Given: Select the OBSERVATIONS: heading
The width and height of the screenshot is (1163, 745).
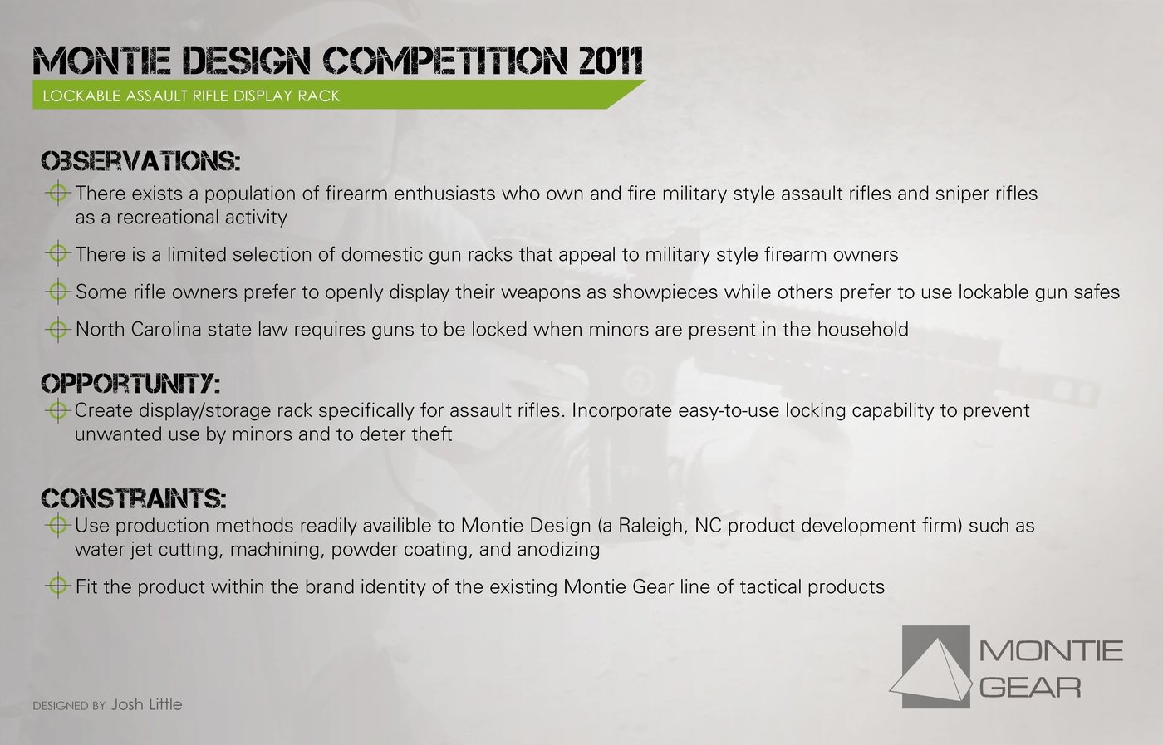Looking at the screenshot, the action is point(140,161).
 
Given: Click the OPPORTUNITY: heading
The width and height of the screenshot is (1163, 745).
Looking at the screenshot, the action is point(130,384).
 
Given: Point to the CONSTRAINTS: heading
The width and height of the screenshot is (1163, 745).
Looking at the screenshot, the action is point(134,499).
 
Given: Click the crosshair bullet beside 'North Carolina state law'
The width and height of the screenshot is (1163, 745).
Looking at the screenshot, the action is point(58,329).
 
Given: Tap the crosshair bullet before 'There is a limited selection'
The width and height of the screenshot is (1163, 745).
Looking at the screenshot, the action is point(58,254).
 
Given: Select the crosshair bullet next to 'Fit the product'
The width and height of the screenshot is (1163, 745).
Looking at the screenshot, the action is point(58,586).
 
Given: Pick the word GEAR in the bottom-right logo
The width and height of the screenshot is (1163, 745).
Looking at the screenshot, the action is point(1030,688).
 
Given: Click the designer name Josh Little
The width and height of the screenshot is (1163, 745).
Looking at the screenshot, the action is point(146,704).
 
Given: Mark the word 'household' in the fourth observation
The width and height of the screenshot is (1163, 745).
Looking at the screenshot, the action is point(863,329).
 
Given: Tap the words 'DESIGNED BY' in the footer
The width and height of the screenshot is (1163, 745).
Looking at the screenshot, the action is point(69,705).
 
